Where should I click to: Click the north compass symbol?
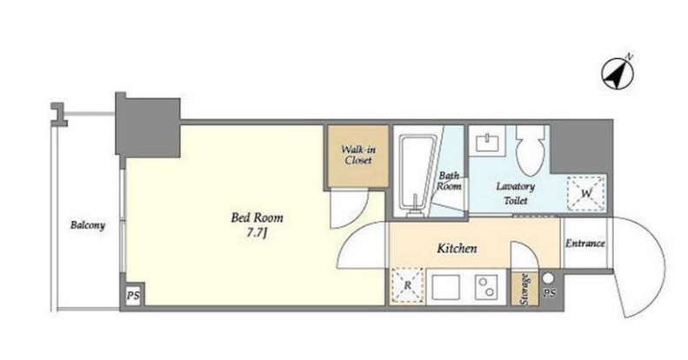618,73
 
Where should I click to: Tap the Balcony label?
88,225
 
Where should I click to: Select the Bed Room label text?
257,217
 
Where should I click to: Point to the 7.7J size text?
257,233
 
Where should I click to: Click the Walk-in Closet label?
358,155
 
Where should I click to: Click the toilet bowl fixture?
531,150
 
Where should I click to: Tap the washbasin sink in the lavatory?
487,142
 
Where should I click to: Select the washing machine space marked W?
586,193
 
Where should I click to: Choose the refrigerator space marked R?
408,285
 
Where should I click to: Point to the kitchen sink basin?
446,287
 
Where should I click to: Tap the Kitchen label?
457,249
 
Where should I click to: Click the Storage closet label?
524,290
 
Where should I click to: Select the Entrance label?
584,243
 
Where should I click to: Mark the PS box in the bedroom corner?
133,295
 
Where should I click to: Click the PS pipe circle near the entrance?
548,278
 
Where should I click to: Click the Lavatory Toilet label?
516,193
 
